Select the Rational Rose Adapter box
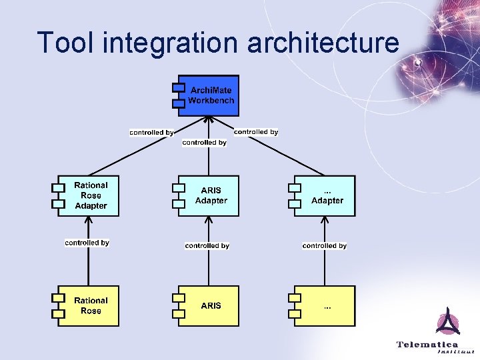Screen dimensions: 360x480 pos(89,195)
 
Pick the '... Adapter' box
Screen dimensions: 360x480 pos(326,195)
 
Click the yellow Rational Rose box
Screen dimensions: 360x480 pos(89,306)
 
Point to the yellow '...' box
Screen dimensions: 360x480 pos(326,306)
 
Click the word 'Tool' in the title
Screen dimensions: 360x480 pos(62,42)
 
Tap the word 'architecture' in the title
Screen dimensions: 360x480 pos(323,42)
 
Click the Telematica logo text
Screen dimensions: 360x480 pos(427,345)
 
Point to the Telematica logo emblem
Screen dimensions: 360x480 pos(447,321)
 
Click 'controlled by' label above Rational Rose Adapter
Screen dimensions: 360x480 pos(151,133)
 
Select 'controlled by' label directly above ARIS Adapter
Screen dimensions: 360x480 pos(204,143)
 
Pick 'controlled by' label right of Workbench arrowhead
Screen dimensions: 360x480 pos(256,132)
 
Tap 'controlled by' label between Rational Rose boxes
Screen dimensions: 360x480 pos(87,243)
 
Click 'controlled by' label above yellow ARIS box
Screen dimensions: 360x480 pos(207,246)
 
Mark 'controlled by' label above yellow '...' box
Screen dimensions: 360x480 pos(324,246)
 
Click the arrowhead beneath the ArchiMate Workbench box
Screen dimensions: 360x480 pos(209,120)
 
